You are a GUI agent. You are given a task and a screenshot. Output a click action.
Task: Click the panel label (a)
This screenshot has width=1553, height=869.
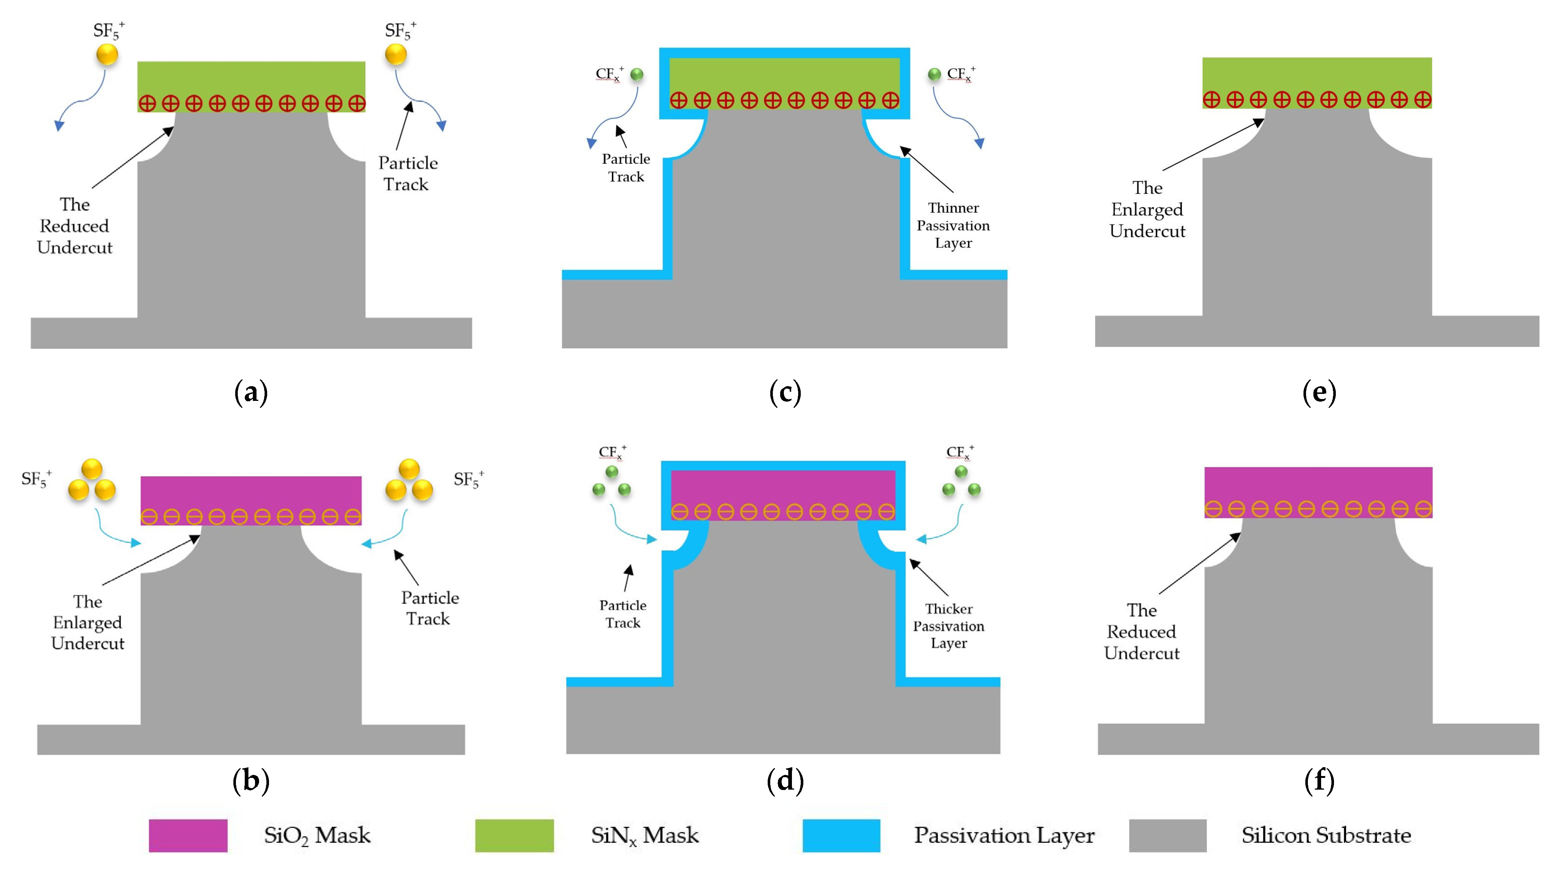tap(250, 392)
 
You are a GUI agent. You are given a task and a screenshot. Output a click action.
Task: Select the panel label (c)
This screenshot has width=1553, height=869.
tap(785, 392)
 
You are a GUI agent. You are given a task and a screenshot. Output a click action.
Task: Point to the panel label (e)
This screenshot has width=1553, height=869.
tap(1319, 392)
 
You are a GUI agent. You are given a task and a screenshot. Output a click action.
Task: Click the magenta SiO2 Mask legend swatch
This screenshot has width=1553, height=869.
tap(188, 835)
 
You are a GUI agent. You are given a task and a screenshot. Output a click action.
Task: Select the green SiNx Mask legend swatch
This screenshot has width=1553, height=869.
tap(514, 835)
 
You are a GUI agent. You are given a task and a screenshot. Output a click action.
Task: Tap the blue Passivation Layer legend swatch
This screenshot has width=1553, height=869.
tap(841, 835)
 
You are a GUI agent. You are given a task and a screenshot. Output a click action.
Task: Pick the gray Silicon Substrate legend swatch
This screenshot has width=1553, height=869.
tap(1168, 835)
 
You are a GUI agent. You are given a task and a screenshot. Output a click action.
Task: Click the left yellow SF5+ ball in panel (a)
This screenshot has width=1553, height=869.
tap(107, 54)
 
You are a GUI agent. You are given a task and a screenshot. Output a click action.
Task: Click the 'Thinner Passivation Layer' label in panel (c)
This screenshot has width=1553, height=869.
tap(953, 225)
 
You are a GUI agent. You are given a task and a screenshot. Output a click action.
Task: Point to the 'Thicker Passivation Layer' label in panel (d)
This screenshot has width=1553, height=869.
tap(948, 626)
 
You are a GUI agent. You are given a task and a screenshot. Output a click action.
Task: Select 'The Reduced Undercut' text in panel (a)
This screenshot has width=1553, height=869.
tap(75, 226)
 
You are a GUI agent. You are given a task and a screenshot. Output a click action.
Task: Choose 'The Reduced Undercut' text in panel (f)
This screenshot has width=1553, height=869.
tap(1142, 632)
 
